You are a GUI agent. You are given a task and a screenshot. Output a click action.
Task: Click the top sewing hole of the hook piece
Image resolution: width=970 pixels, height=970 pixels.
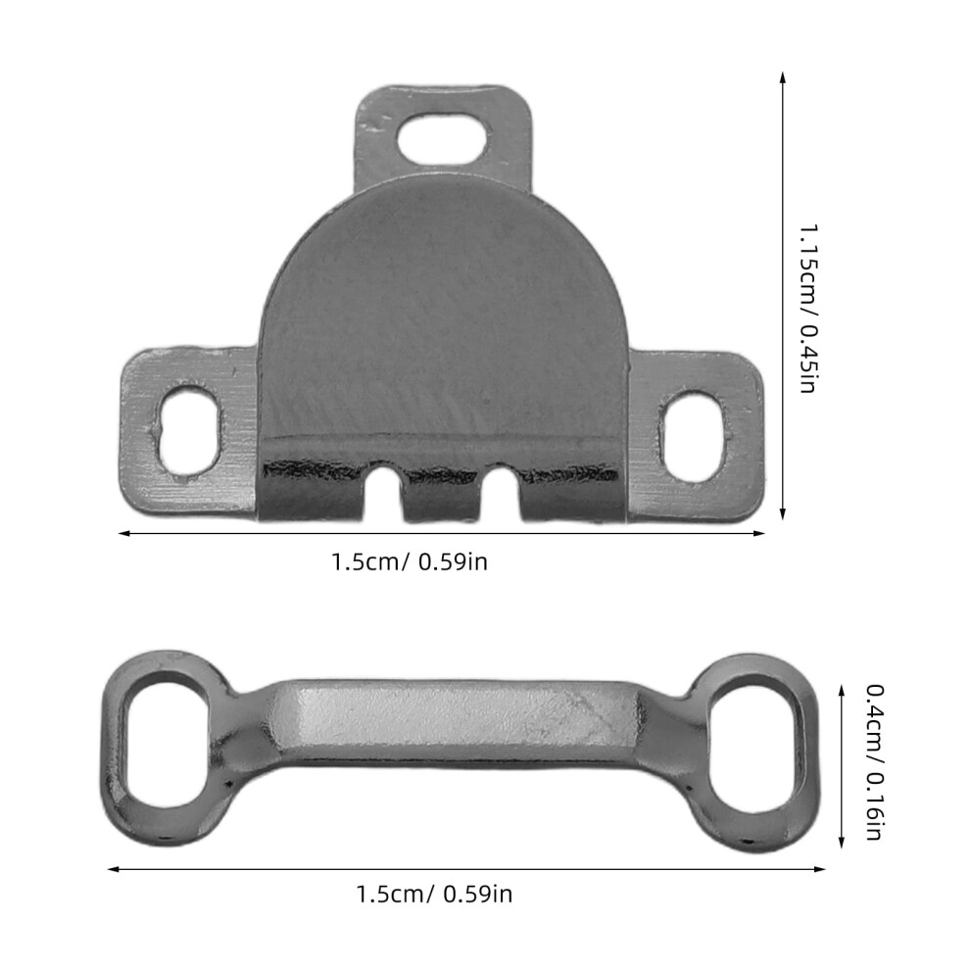click(444, 136)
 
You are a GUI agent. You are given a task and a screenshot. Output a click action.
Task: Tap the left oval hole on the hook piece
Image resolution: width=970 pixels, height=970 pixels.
click(189, 432)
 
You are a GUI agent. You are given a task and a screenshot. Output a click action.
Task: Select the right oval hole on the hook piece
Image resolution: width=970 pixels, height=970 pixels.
click(693, 435)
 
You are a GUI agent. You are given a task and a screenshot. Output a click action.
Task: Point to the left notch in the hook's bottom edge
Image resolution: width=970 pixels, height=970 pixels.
click(383, 493)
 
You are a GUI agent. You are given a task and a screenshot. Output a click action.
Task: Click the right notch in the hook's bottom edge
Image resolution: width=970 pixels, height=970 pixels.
click(501, 493)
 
